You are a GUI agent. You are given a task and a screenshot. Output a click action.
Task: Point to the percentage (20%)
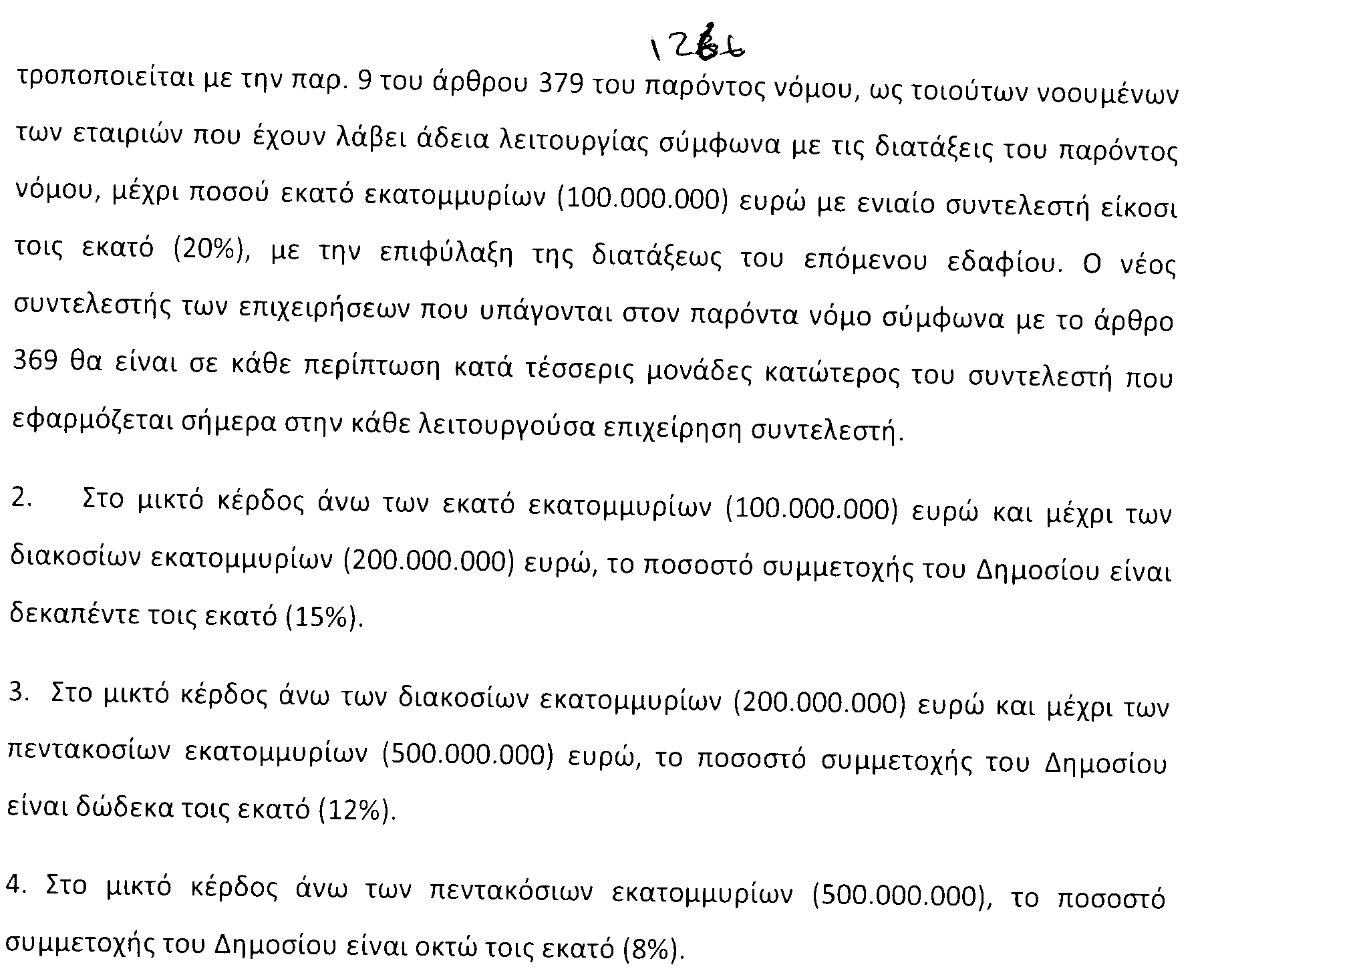pos(212,252)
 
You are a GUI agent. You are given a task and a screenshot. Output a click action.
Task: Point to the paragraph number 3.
pos(18,692)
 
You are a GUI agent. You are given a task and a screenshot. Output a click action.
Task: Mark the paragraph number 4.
pos(15,885)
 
